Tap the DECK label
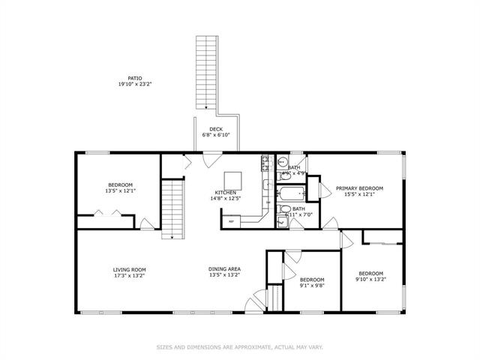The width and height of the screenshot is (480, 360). [216, 129]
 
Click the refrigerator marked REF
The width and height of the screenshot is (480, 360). [232, 220]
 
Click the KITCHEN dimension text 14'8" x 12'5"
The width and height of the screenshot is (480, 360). [226, 199]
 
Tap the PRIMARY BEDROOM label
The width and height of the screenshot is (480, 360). [359, 187]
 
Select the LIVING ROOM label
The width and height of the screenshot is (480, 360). [129, 269]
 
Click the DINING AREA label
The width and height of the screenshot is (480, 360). [224, 269]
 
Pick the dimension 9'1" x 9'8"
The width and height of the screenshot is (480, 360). [311, 285]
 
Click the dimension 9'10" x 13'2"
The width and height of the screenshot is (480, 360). [370, 280]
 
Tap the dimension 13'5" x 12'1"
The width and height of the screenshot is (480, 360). [120, 191]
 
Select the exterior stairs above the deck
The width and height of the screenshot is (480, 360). [205, 72]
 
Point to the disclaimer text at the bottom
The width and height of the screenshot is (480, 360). [239, 346]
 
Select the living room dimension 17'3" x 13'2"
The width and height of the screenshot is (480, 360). [129, 275]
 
